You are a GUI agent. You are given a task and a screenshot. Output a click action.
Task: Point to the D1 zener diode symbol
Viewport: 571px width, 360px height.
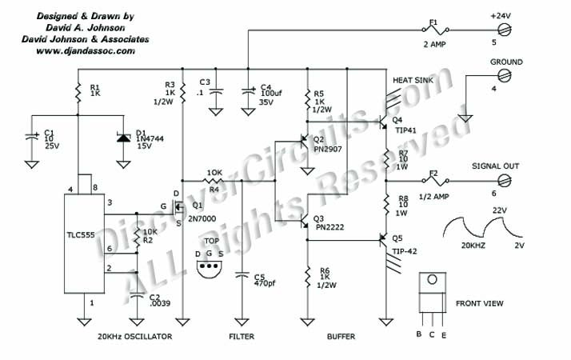122,137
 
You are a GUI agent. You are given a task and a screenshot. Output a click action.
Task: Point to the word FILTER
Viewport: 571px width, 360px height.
241,337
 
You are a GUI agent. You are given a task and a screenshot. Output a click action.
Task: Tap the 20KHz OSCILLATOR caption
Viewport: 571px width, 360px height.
134,337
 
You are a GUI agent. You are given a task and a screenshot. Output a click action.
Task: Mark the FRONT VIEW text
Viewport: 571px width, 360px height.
478,305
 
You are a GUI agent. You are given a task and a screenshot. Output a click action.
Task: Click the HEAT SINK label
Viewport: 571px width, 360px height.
412,81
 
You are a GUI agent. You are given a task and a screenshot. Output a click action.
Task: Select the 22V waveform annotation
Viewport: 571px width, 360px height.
499,210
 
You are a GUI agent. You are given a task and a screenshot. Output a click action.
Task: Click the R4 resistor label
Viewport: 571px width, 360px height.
214,190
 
